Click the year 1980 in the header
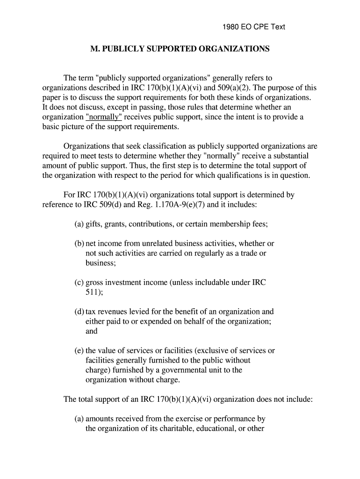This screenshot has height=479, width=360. pos(230,27)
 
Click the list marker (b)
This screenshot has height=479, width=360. pos(79,244)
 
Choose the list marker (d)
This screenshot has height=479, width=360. pos(79,312)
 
